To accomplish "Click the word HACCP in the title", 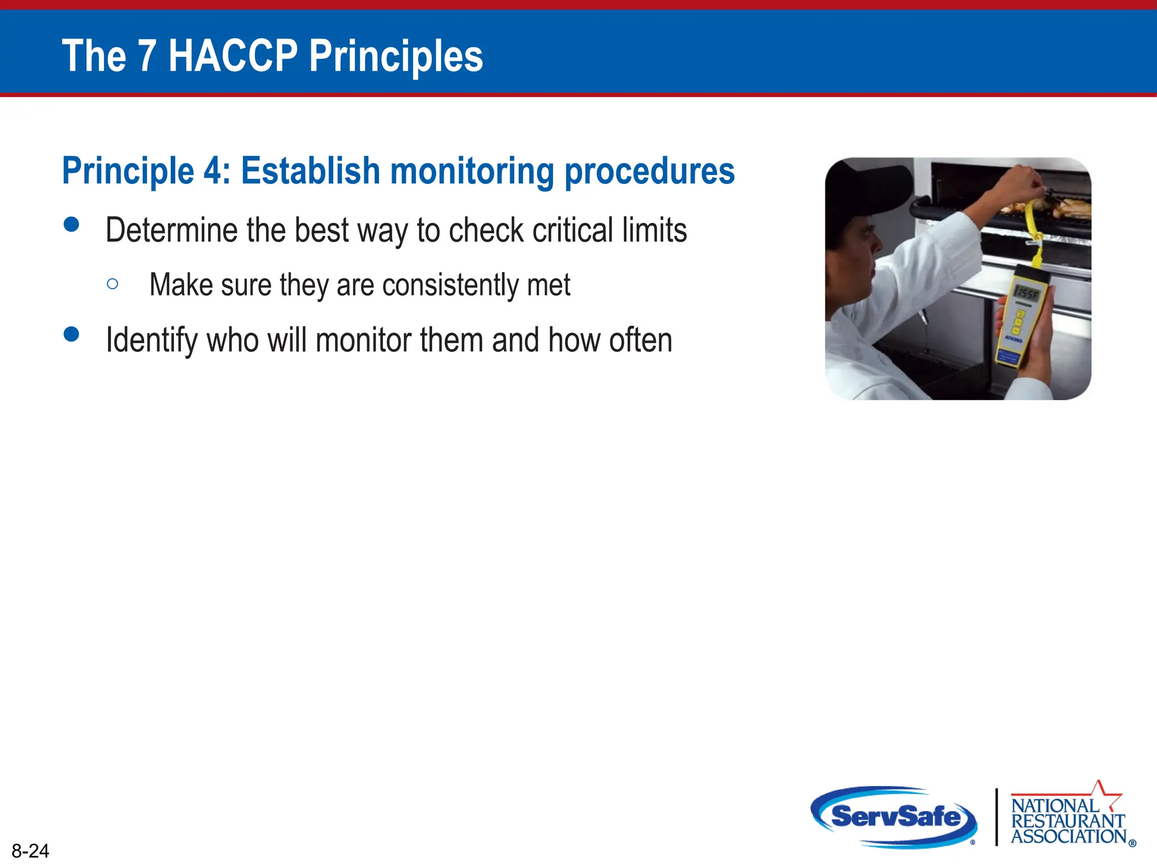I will click(x=233, y=56).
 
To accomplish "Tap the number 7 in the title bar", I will click(x=147, y=56).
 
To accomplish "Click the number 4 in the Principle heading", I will click(x=213, y=170).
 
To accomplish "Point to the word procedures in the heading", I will click(x=650, y=172).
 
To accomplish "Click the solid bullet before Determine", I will click(x=72, y=225).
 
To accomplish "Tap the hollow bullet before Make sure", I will click(x=112, y=284).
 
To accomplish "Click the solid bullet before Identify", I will click(x=72, y=334).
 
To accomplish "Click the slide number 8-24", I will click(x=31, y=851).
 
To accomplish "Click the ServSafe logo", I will click(x=895, y=817).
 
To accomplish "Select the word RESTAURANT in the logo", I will click(x=1068, y=821).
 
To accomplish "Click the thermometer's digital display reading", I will click(x=1026, y=293).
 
